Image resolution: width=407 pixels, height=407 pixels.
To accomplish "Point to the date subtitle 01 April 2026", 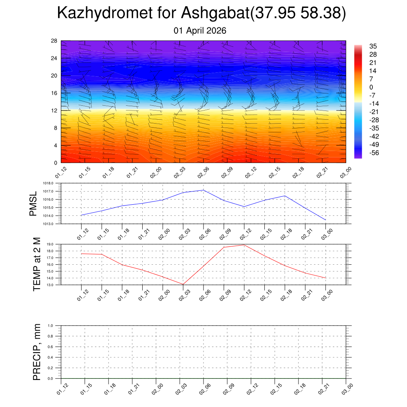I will [200, 31].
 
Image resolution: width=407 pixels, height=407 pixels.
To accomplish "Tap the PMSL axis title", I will [33, 203].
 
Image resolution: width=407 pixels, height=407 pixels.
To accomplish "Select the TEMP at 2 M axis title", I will [37, 264].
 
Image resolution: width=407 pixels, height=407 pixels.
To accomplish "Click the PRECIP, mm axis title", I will [37, 352].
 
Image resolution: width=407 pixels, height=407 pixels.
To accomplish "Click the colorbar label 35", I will [372, 46].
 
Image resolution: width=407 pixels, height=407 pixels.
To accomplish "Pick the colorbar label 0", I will [371, 87].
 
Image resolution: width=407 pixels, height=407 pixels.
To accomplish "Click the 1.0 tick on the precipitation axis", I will [51, 326].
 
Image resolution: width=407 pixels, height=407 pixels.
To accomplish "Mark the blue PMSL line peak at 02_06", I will [203, 190].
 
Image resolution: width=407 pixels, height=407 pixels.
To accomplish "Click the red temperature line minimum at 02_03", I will [183, 284].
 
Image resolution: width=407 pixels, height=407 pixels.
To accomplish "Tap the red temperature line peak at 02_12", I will [244, 245].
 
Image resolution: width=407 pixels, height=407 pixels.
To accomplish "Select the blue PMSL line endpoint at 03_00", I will [326, 220].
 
